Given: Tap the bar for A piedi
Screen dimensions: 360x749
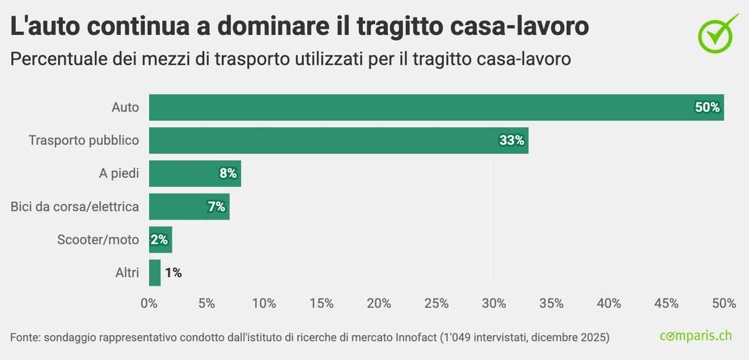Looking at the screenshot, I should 187,173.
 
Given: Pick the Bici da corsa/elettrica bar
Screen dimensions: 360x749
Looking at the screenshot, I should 181,207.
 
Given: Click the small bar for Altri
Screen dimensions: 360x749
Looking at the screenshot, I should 155,273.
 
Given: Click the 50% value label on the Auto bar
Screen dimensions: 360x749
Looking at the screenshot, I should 707,107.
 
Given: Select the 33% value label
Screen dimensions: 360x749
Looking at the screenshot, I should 512,140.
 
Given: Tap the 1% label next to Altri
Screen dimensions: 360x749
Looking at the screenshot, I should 174,273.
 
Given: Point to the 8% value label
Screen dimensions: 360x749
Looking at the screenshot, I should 228,173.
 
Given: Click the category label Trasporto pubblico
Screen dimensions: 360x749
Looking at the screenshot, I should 84,140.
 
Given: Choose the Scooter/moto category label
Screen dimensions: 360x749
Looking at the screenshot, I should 98,240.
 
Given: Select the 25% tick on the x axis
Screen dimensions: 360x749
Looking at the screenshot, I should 436,303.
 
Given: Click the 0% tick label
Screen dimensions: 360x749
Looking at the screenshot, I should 149,303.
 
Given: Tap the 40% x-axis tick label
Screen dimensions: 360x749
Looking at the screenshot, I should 609,303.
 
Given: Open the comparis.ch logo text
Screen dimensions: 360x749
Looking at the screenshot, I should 695,336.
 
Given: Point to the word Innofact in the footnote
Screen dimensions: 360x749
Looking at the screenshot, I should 416,338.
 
